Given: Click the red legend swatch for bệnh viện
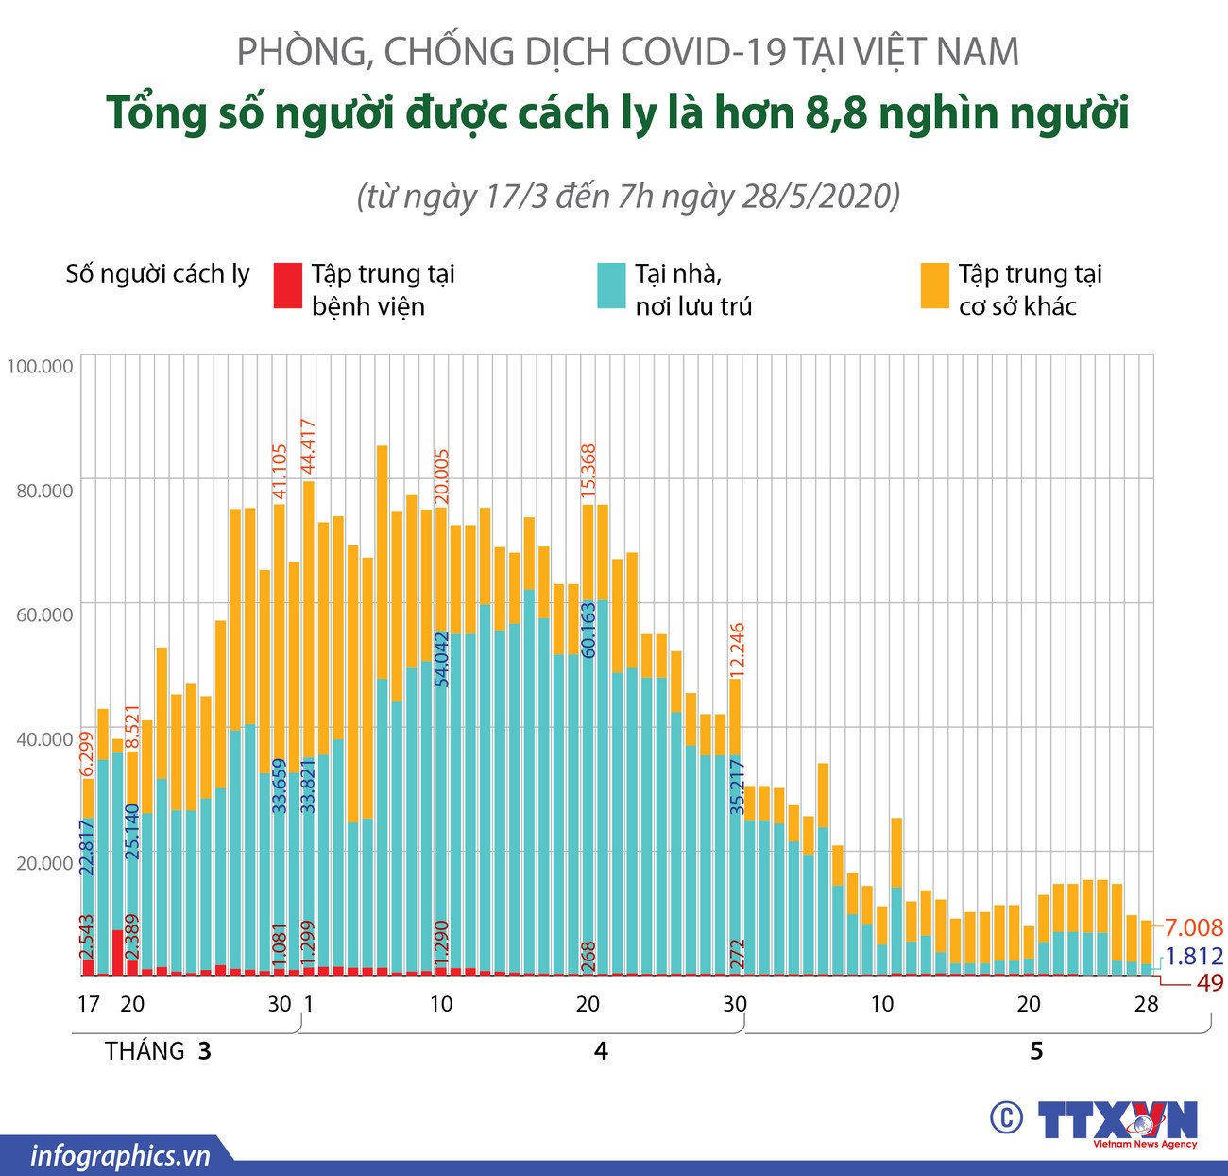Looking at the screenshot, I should click(287, 285).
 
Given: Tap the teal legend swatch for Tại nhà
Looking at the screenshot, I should click(611, 285).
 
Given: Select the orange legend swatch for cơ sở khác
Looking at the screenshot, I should click(934, 285).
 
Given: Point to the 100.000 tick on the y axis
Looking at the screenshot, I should click(40, 366).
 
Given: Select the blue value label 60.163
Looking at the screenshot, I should click(588, 628).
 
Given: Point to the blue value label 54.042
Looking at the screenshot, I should click(441, 657).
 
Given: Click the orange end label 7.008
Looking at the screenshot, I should click(1193, 927).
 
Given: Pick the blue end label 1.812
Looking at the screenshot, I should click(1193, 956).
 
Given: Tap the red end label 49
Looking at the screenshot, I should click(1209, 983).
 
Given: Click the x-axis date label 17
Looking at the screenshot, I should click(87, 1004).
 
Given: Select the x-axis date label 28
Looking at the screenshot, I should click(1146, 1004).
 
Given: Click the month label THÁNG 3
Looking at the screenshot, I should click(158, 1051).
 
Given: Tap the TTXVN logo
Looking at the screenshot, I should click(1118, 1122).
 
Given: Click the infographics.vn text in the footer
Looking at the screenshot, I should click(120, 1156).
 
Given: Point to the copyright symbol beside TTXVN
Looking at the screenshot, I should click(1006, 1118).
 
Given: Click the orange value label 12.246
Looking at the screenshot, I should click(737, 649).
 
